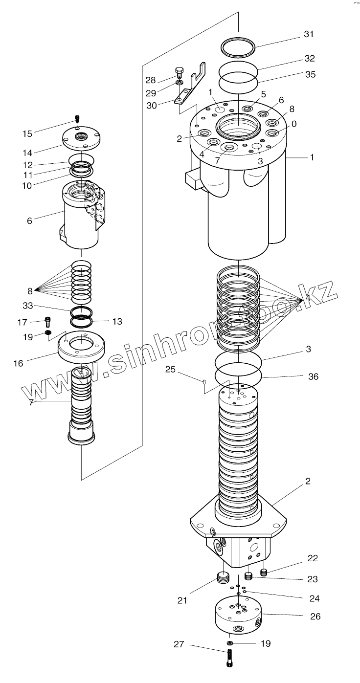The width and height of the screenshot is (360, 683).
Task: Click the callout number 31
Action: (308, 34)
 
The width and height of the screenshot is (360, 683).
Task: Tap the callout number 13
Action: (117, 321)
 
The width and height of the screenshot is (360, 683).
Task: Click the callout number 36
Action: (313, 376)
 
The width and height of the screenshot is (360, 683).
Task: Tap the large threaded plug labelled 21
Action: (223, 578)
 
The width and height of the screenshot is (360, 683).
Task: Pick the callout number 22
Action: (312, 558)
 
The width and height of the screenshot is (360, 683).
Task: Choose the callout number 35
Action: (310, 75)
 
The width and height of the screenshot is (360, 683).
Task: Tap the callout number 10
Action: (26, 185)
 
